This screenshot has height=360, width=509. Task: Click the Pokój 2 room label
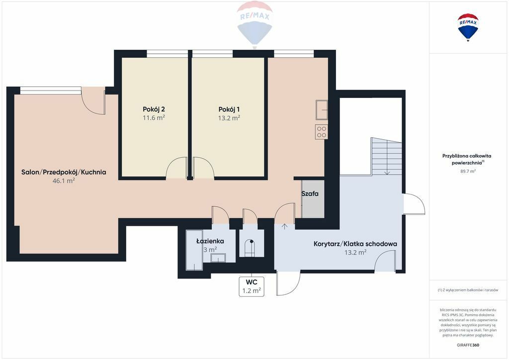154,109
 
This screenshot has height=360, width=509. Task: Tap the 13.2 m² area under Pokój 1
229,118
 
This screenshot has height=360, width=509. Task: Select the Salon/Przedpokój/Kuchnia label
64,172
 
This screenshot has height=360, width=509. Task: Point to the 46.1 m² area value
64,180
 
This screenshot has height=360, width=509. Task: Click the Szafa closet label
310,194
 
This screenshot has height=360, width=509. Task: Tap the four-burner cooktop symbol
322,132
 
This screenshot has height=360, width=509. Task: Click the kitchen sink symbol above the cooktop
322,110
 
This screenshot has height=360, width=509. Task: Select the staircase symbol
387,157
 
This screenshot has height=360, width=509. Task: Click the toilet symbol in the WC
250,247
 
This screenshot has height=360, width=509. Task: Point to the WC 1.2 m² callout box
252,286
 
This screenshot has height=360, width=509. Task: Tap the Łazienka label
210,241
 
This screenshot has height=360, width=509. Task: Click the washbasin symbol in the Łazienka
218,258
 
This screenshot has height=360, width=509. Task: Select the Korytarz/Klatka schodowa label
355,244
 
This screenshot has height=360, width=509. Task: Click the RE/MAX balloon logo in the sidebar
468,27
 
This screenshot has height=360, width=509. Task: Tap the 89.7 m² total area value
468,171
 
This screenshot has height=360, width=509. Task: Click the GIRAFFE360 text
468,345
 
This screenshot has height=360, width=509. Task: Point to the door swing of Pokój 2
176,168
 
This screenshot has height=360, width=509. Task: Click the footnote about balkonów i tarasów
468,290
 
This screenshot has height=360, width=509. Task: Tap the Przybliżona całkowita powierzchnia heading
467,160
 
